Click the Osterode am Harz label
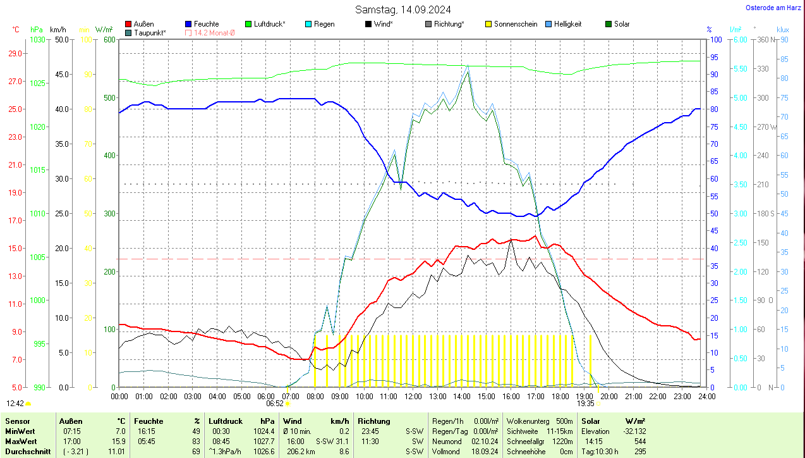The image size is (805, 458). tap(773, 8)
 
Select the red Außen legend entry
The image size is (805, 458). tap(143, 24)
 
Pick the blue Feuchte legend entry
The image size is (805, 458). tap(206, 24)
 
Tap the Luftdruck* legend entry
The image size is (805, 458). tap(269, 24)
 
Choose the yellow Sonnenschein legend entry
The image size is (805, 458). tap(515, 24)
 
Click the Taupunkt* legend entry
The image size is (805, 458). tap(149, 33)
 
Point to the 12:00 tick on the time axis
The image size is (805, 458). tap(413, 397)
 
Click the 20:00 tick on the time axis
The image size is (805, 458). tap(608, 397)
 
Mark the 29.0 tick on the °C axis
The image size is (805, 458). tap(15, 53)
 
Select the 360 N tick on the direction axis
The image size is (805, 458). tap(766, 40)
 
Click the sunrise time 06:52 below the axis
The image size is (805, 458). tap(274, 403)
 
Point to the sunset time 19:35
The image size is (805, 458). tap(585, 403)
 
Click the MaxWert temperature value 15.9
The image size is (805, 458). tap(118, 440)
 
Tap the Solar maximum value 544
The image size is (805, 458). tap(639, 440)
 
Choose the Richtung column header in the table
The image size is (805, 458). tap(374, 421)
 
